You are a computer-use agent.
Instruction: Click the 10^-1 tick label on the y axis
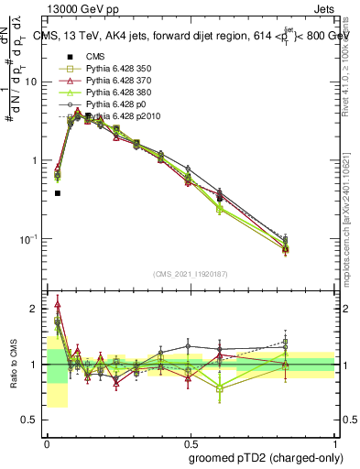click(30, 239)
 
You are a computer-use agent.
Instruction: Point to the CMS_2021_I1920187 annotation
click(191, 273)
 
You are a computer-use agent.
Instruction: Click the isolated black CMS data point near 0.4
click(58, 193)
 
